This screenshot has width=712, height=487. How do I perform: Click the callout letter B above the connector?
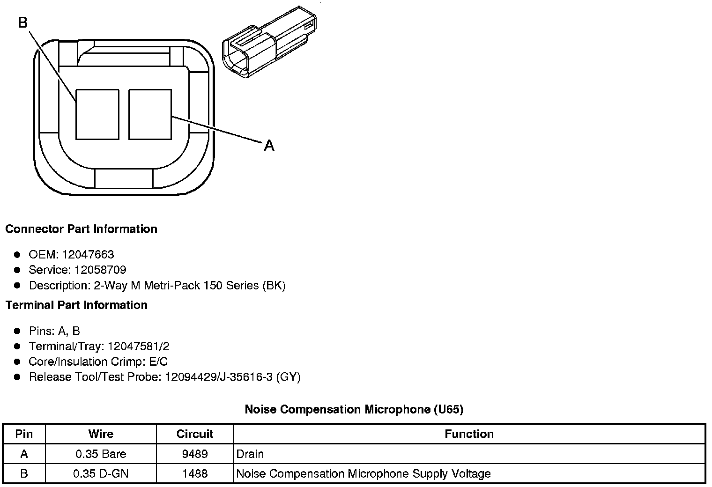pos(23,22)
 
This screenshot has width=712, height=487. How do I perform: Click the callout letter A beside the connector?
pos(269,146)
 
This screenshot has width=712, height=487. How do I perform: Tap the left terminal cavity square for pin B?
pos(97,114)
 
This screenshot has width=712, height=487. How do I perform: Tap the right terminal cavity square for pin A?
pos(150,114)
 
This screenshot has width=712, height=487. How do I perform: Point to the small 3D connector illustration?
pos(269,42)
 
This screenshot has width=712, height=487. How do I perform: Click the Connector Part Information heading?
pos(82,229)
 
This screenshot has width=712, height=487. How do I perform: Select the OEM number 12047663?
pos(88,254)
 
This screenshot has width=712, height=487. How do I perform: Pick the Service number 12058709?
pos(100,270)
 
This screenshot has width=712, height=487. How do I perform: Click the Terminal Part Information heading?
pos(76,305)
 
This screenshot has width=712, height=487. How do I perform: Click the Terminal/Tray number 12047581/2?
pos(139,346)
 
